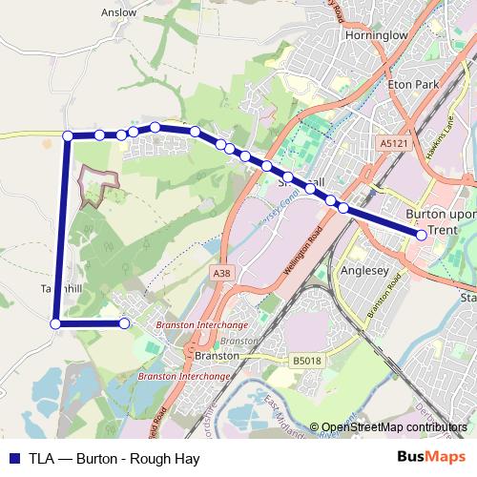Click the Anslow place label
[x=118, y=13]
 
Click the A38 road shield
[x=221, y=274]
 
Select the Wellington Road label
[x=304, y=253]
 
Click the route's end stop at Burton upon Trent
[x=422, y=235]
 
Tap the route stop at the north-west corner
[x=68, y=136]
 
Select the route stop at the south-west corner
[x=55, y=324]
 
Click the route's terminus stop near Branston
[x=124, y=324]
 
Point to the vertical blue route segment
[x=62, y=229]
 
